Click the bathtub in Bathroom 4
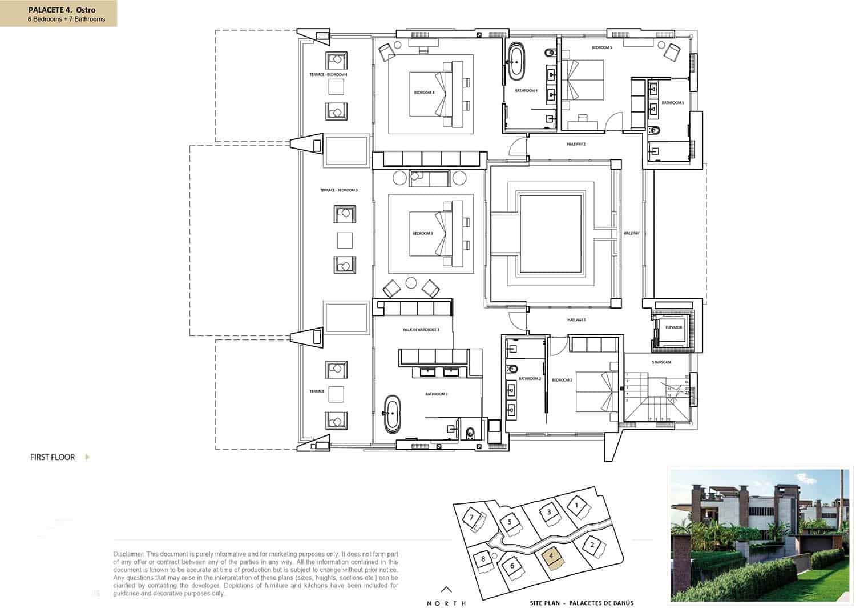[x=516, y=61]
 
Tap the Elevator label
[x=673, y=327]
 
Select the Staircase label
[x=661, y=362]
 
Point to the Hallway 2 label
[x=576, y=144]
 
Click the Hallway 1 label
[x=576, y=320]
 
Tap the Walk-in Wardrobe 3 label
[x=421, y=330]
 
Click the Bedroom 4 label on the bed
[x=424, y=93]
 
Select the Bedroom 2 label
[x=562, y=380]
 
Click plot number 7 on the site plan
[x=471, y=518]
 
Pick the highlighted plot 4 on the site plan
[x=551, y=555]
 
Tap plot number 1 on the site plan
[x=576, y=505]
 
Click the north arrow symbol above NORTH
[x=447, y=590]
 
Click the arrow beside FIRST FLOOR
[x=87, y=457]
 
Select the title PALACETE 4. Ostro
[x=62, y=10]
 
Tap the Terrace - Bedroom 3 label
[x=338, y=190]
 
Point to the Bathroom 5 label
[x=672, y=103]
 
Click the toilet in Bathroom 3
[x=470, y=433]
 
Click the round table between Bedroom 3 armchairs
[x=411, y=282]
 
